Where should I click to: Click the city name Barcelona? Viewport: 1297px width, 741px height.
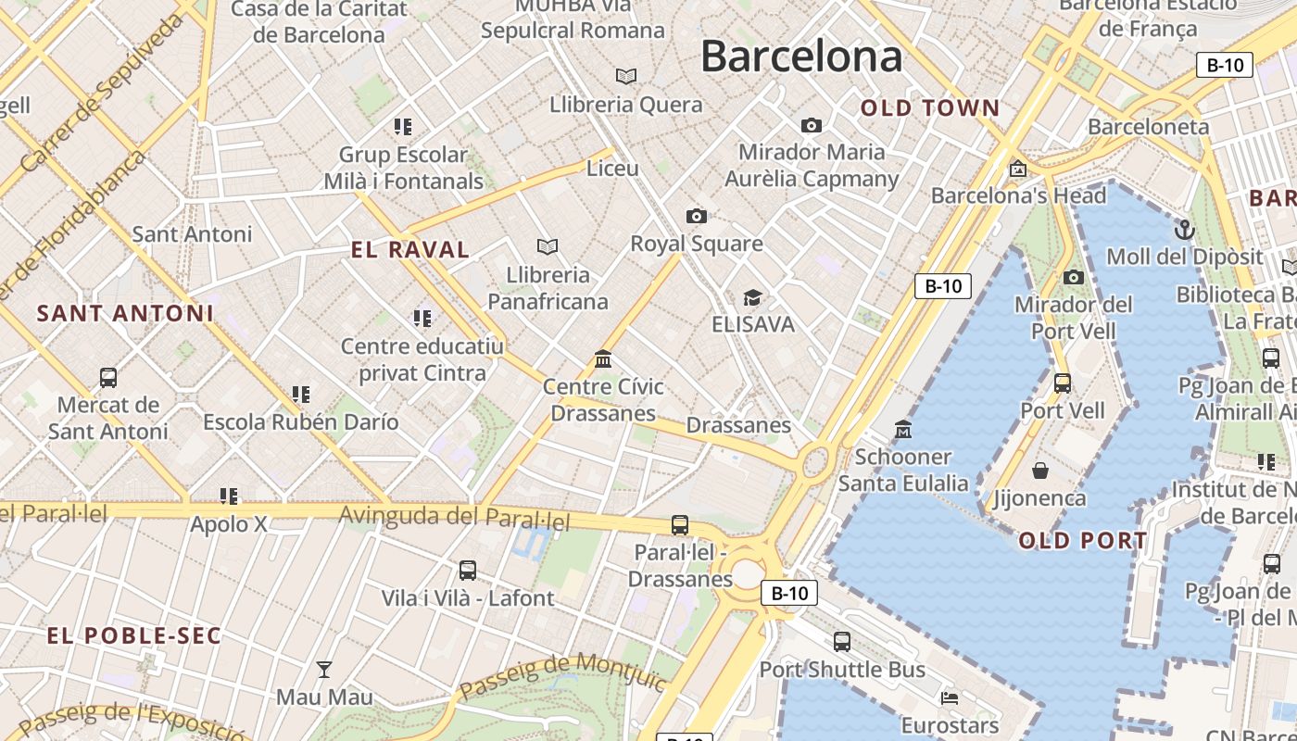point(800,57)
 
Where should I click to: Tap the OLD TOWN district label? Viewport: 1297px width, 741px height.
point(930,108)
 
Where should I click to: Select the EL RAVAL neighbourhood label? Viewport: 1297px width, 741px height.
point(410,249)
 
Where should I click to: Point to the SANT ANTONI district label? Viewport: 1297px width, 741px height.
point(125,313)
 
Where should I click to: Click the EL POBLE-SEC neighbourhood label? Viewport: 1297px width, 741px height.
point(134,635)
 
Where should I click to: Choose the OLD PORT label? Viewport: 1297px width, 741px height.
point(1083,540)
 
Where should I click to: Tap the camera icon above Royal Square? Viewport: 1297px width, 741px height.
point(697,216)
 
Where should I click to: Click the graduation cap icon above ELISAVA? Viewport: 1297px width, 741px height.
point(752,297)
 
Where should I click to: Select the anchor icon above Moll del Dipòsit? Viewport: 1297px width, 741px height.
point(1184,230)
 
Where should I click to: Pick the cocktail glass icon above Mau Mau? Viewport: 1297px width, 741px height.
point(324,669)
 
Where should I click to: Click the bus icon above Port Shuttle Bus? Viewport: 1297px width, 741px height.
point(841,641)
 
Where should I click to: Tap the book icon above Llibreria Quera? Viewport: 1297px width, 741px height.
point(626,76)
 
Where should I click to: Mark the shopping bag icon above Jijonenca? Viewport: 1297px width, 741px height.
point(1040,471)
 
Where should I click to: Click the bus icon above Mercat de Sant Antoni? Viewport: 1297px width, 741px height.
point(108,377)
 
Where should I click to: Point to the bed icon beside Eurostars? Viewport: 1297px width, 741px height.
point(950,697)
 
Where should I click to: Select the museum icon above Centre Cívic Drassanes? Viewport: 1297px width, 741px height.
point(603,358)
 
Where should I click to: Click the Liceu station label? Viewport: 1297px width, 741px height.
point(612,169)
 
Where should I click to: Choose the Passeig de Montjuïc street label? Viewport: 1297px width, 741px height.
point(562,675)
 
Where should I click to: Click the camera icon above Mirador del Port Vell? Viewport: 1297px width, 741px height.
point(1073,277)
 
